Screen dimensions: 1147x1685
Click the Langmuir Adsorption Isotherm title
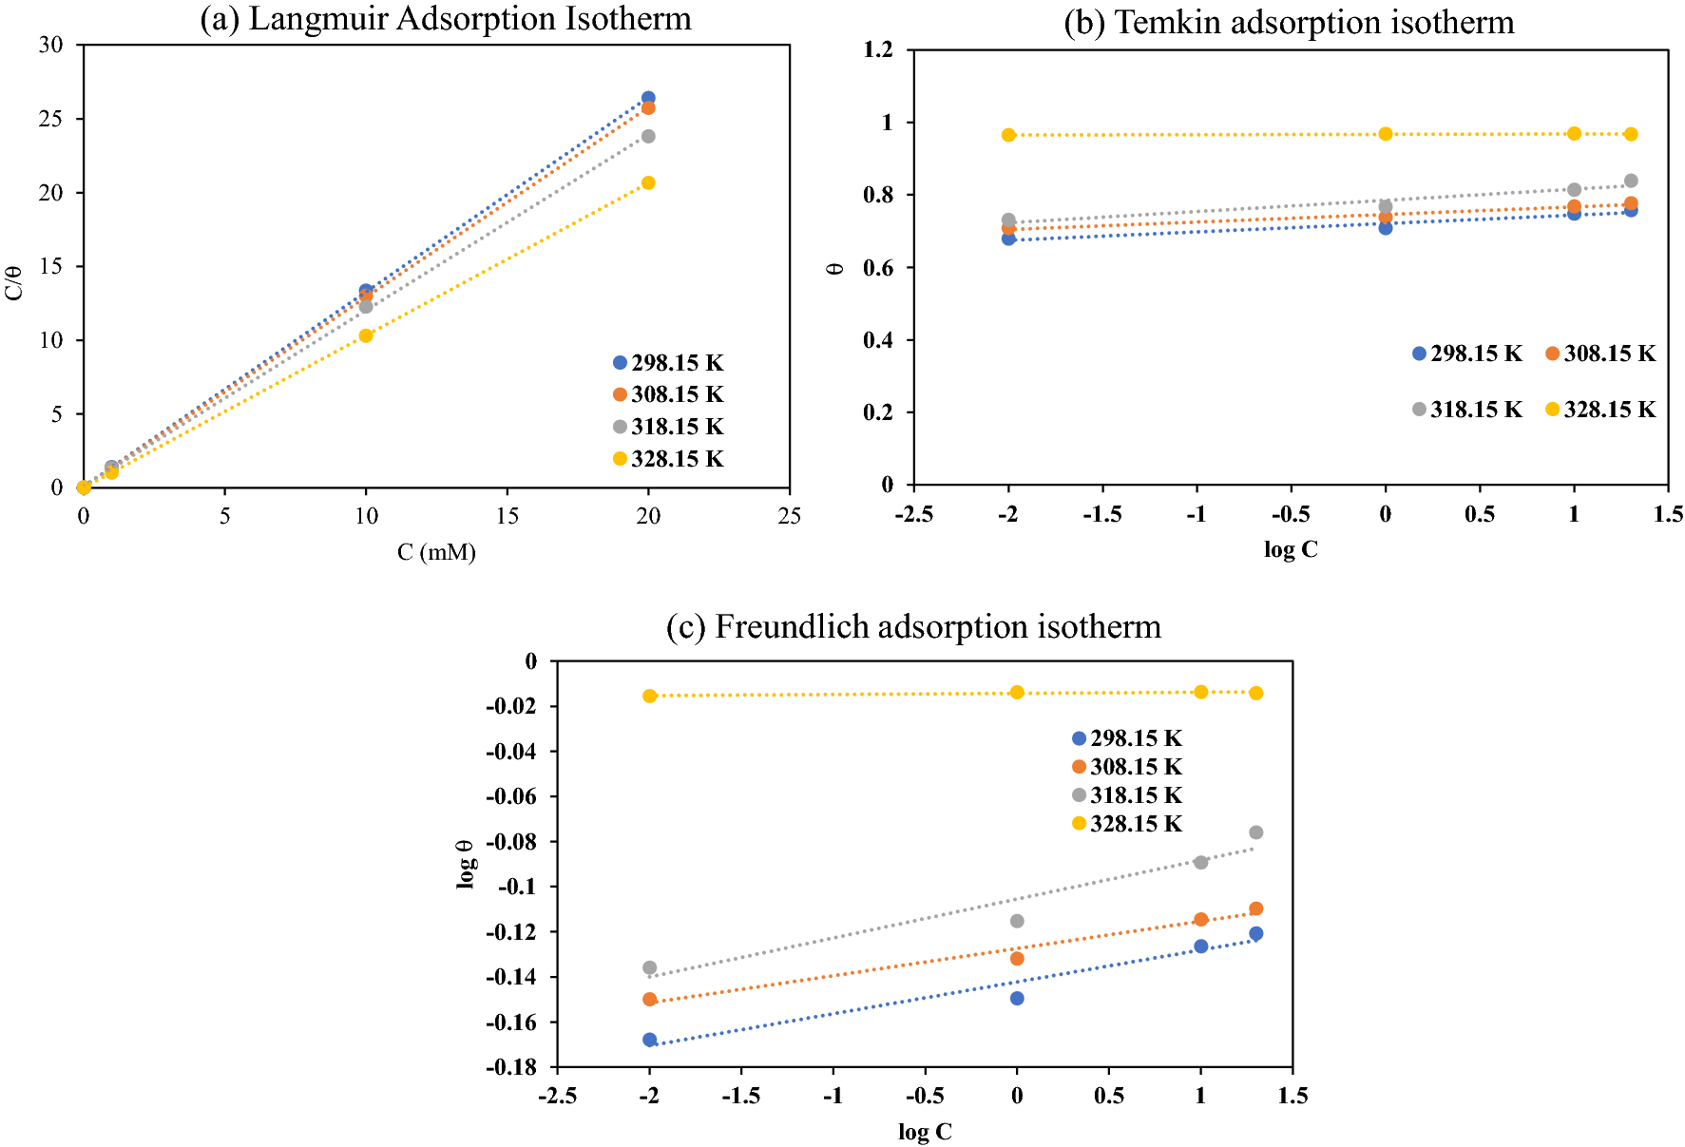(x=445, y=19)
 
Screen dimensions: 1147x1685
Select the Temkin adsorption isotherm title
(x=1289, y=22)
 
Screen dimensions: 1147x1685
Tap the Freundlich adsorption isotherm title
(x=913, y=627)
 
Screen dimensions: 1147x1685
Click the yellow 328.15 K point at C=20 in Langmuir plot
(x=648, y=182)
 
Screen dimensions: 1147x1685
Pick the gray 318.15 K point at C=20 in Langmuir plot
(x=648, y=137)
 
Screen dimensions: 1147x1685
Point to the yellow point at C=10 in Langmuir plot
(x=366, y=335)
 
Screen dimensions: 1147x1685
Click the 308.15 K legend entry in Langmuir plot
(x=668, y=394)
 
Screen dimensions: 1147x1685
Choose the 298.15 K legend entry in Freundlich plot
(x=1127, y=738)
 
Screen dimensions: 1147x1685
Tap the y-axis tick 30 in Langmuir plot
(x=51, y=45)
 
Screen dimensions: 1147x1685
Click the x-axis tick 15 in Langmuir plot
(x=507, y=516)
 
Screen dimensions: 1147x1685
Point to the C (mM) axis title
(x=436, y=552)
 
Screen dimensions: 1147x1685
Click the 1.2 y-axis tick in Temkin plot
(x=878, y=49)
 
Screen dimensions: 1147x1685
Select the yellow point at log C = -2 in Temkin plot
(x=1008, y=135)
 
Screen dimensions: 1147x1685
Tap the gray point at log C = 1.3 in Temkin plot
(x=1631, y=181)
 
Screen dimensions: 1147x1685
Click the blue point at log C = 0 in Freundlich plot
(x=1017, y=999)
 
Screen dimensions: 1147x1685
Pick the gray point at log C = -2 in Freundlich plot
(x=650, y=968)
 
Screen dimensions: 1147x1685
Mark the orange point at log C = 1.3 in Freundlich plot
(x=1255, y=908)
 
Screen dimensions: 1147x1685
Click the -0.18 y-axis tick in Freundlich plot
(x=511, y=1067)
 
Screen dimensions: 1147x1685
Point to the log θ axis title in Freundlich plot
(x=466, y=864)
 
